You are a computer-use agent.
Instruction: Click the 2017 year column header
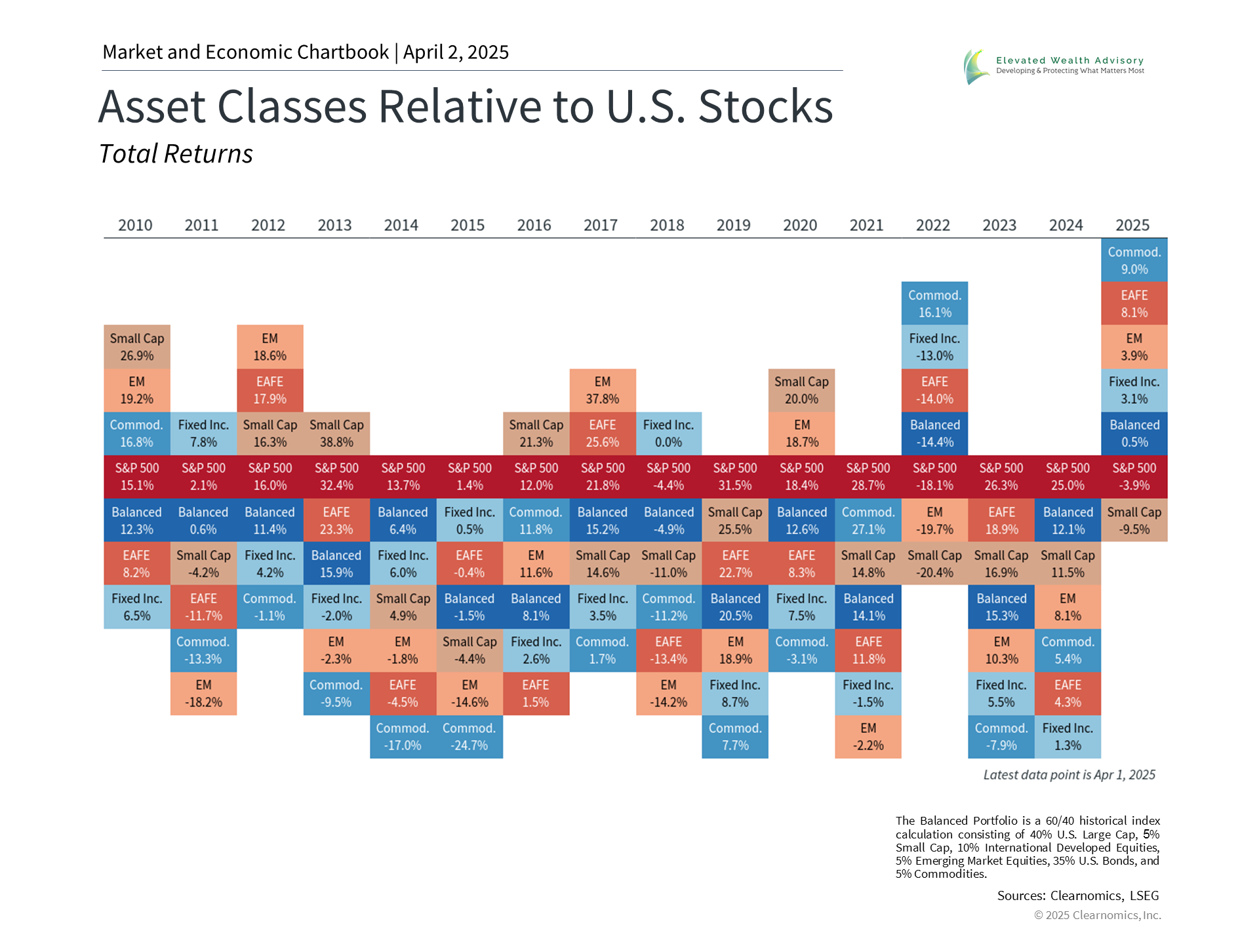point(601,226)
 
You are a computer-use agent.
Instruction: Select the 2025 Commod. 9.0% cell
point(1134,260)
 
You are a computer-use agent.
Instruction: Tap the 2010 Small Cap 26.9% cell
point(137,347)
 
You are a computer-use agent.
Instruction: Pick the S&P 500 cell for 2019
point(735,477)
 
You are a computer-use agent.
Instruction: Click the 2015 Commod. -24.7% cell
point(470,737)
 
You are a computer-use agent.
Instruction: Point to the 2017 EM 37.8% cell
point(603,390)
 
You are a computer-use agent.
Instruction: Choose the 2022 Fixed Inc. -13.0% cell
point(934,347)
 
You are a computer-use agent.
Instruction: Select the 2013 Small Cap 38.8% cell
point(336,433)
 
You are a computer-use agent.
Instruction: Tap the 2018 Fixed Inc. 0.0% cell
point(668,433)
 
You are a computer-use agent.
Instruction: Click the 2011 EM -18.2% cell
point(203,694)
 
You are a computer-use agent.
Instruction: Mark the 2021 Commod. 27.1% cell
point(868,521)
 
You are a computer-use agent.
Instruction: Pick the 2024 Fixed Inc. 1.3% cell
point(1068,737)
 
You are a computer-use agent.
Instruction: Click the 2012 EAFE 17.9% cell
point(270,390)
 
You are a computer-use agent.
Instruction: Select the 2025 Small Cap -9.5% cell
point(1134,521)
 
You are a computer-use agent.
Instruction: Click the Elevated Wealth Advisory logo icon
point(976,66)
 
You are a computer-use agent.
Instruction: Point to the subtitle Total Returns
point(176,154)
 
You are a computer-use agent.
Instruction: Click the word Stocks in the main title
point(765,107)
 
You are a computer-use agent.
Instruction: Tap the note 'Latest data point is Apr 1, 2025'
point(1069,775)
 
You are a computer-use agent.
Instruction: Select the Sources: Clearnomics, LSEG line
point(1078,895)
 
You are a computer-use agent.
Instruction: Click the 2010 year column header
point(135,226)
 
